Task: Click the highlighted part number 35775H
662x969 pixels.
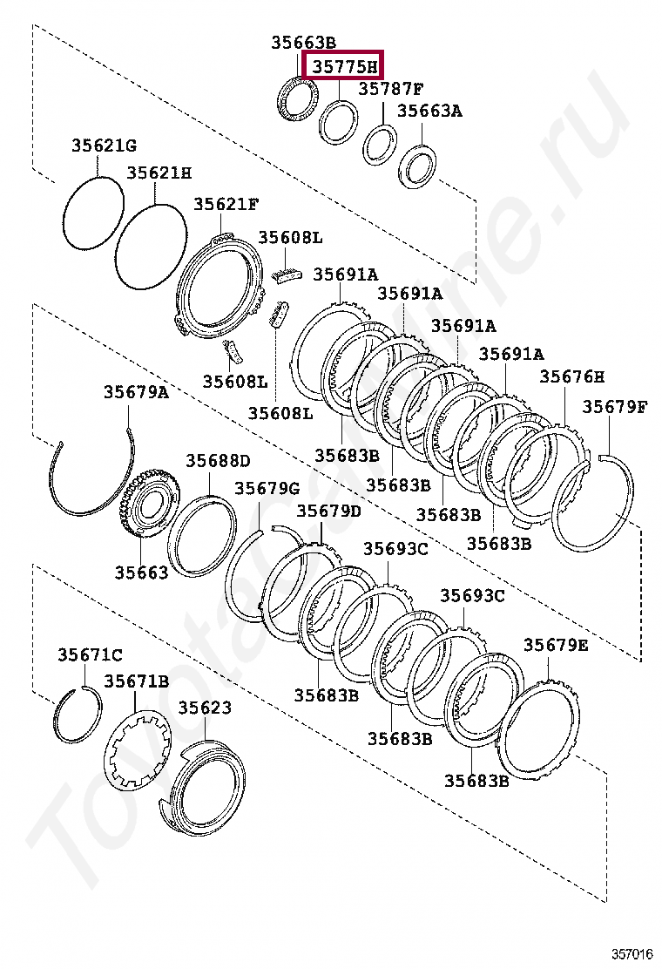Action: (x=345, y=65)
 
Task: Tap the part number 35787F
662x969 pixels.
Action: (x=390, y=89)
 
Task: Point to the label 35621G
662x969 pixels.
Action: (x=104, y=146)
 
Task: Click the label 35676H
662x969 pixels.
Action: (x=571, y=376)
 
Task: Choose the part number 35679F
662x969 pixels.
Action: (x=615, y=406)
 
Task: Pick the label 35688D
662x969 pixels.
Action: (x=217, y=461)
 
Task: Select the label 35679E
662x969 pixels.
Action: (x=556, y=645)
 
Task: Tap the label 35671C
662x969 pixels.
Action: (x=90, y=654)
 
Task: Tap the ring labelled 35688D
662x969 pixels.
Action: (x=201, y=536)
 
